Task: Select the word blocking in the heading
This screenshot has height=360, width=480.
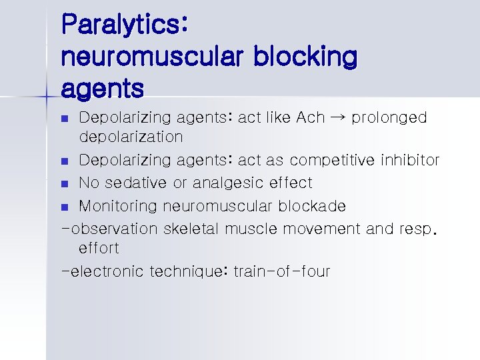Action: click(x=305, y=57)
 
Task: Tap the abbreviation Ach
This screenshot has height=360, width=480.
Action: click(x=310, y=118)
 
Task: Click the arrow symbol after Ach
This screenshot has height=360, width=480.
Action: click(x=338, y=118)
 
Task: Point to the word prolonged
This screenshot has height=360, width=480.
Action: click(x=389, y=118)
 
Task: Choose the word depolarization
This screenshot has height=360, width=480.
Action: click(x=131, y=137)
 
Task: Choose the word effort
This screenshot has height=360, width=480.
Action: click(x=99, y=249)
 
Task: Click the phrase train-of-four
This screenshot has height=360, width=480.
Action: click(x=282, y=272)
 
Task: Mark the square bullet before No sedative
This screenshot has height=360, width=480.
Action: click(x=64, y=183)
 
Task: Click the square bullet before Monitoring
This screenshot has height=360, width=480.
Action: click(x=64, y=207)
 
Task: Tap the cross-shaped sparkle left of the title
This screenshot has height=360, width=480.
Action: click(x=46, y=97)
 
